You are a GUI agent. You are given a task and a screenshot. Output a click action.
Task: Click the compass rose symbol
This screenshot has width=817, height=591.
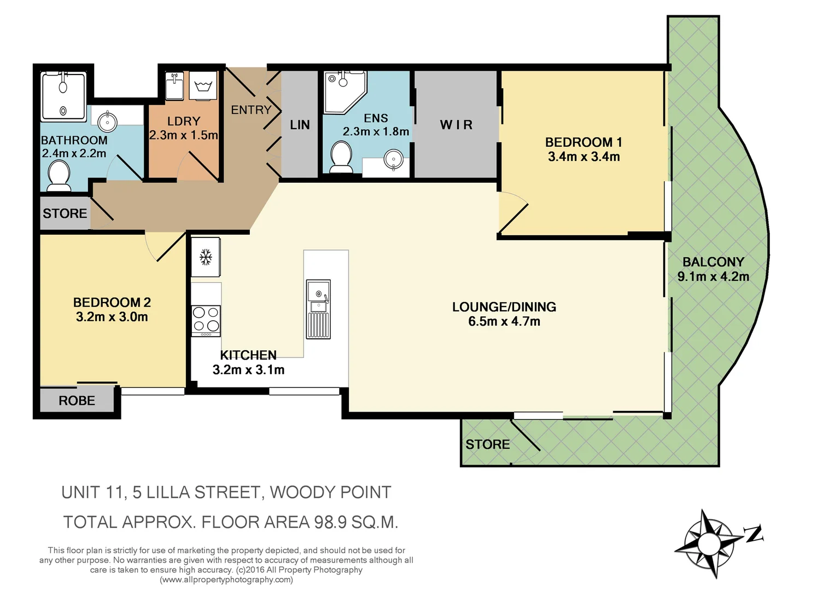pos(709,544)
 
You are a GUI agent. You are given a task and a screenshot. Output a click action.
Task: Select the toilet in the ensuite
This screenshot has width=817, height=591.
pos(342,157)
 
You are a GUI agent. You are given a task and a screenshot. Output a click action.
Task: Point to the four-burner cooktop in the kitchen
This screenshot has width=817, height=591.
pos(206,320)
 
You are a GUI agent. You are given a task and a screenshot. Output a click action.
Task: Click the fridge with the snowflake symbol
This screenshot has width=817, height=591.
pos(206,257)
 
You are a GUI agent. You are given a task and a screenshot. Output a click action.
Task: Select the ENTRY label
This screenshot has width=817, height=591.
pos(251,110)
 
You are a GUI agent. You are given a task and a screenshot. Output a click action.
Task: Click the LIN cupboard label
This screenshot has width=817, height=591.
pos(300,125)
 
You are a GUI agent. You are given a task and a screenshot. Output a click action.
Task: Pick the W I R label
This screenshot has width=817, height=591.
pos(456,125)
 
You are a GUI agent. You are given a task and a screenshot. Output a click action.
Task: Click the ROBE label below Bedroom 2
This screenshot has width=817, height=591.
pos(77,401)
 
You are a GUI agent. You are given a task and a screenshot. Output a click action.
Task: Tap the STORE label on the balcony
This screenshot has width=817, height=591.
pos(487,445)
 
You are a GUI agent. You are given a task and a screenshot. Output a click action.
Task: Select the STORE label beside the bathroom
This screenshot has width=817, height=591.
pos(65,213)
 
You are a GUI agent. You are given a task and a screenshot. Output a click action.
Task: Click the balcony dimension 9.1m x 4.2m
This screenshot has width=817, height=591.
pos(713,277)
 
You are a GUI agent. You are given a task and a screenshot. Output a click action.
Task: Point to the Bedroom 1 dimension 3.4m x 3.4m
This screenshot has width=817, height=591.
pos(583,157)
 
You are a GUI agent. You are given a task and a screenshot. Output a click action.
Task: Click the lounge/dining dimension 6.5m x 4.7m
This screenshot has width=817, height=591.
pos(504,322)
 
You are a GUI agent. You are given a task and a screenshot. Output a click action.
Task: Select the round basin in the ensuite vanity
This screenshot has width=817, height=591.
pos(393,160)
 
